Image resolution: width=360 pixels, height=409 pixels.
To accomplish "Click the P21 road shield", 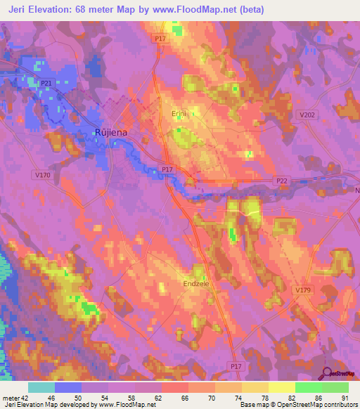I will (46, 84).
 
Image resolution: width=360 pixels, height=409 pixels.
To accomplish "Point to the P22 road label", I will (282, 181).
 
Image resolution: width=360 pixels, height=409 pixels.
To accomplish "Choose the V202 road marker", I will (307, 115).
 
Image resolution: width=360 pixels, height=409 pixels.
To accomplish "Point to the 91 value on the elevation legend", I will (345, 397).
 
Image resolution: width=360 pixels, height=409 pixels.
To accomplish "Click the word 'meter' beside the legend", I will (9, 397).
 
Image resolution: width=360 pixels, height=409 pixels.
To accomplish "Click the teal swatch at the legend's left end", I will (41, 387).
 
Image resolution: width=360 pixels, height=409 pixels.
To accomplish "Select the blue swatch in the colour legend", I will (68, 387).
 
